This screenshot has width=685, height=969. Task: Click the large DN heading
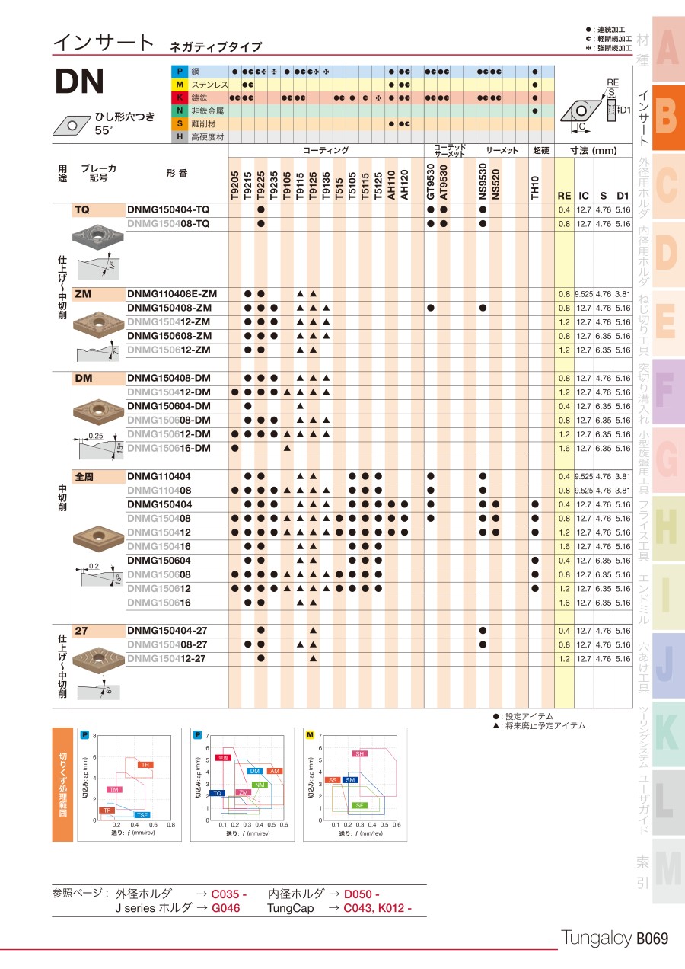pyautogui.click(x=79, y=83)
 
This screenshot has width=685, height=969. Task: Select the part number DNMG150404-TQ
pyautogui.click(x=168, y=209)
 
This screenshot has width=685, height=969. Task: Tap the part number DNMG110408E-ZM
pyautogui.click(x=172, y=293)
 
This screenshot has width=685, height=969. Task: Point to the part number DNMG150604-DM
pyautogui.click(x=168, y=406)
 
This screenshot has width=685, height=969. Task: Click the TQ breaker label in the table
pyautogui.click(x=82, y=209)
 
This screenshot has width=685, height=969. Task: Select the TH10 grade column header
pyautogui.click(x=534, y=185)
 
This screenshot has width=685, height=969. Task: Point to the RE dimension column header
pyautogui.click(x=564, y=196)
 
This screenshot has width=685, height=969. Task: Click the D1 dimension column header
pyautogui.click(x=623, y=196)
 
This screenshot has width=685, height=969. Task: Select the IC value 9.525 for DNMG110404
pyautogui.click(x=584, y=476)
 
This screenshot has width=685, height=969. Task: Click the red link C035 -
pyautogui.click(x=228, y=894)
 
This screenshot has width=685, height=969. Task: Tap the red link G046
pyautogui.click(x=225, y=907)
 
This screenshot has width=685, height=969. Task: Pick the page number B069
pyautogui.click(x=652, y=939)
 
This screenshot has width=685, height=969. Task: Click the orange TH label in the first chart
pyautogui.click(x=144, y=764)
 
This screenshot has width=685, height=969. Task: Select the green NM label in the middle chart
pyautogui.click(x=260, y=785)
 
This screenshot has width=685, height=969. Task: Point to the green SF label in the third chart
pyautogui.click(x=360, y=805)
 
